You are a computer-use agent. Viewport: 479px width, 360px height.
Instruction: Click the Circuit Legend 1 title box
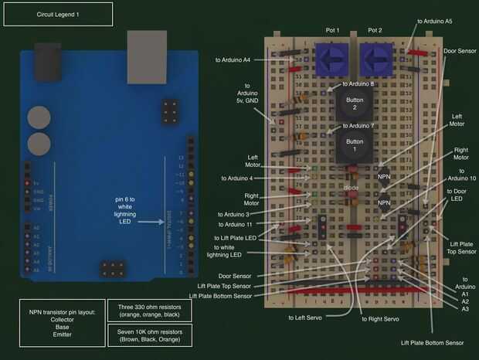point(58,15)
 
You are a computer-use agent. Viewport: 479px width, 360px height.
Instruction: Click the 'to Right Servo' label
point(381,318)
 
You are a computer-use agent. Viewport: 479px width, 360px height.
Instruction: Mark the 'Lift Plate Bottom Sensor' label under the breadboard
point(432,342)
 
